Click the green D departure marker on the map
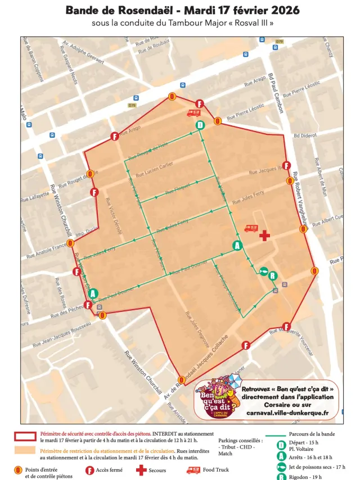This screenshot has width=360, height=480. (200, 125)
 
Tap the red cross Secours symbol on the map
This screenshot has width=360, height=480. (264, 235)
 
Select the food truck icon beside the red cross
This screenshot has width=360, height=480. (251, 228)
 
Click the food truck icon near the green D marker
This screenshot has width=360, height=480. (193, 113)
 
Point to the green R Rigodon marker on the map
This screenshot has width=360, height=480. (273, 275)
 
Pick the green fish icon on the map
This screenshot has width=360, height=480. (263, 271)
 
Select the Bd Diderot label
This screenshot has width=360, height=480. (305, 135)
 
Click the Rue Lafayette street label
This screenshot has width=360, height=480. (36, 196)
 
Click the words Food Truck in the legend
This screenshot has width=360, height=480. (216, 470)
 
